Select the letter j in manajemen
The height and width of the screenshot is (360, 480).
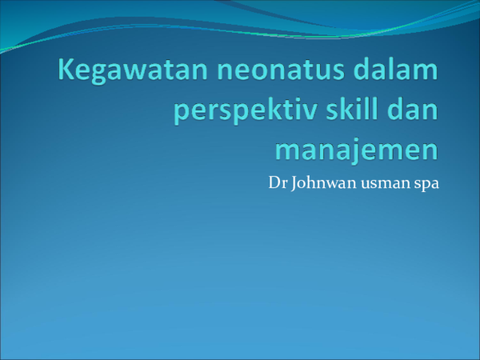click(361, 150)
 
